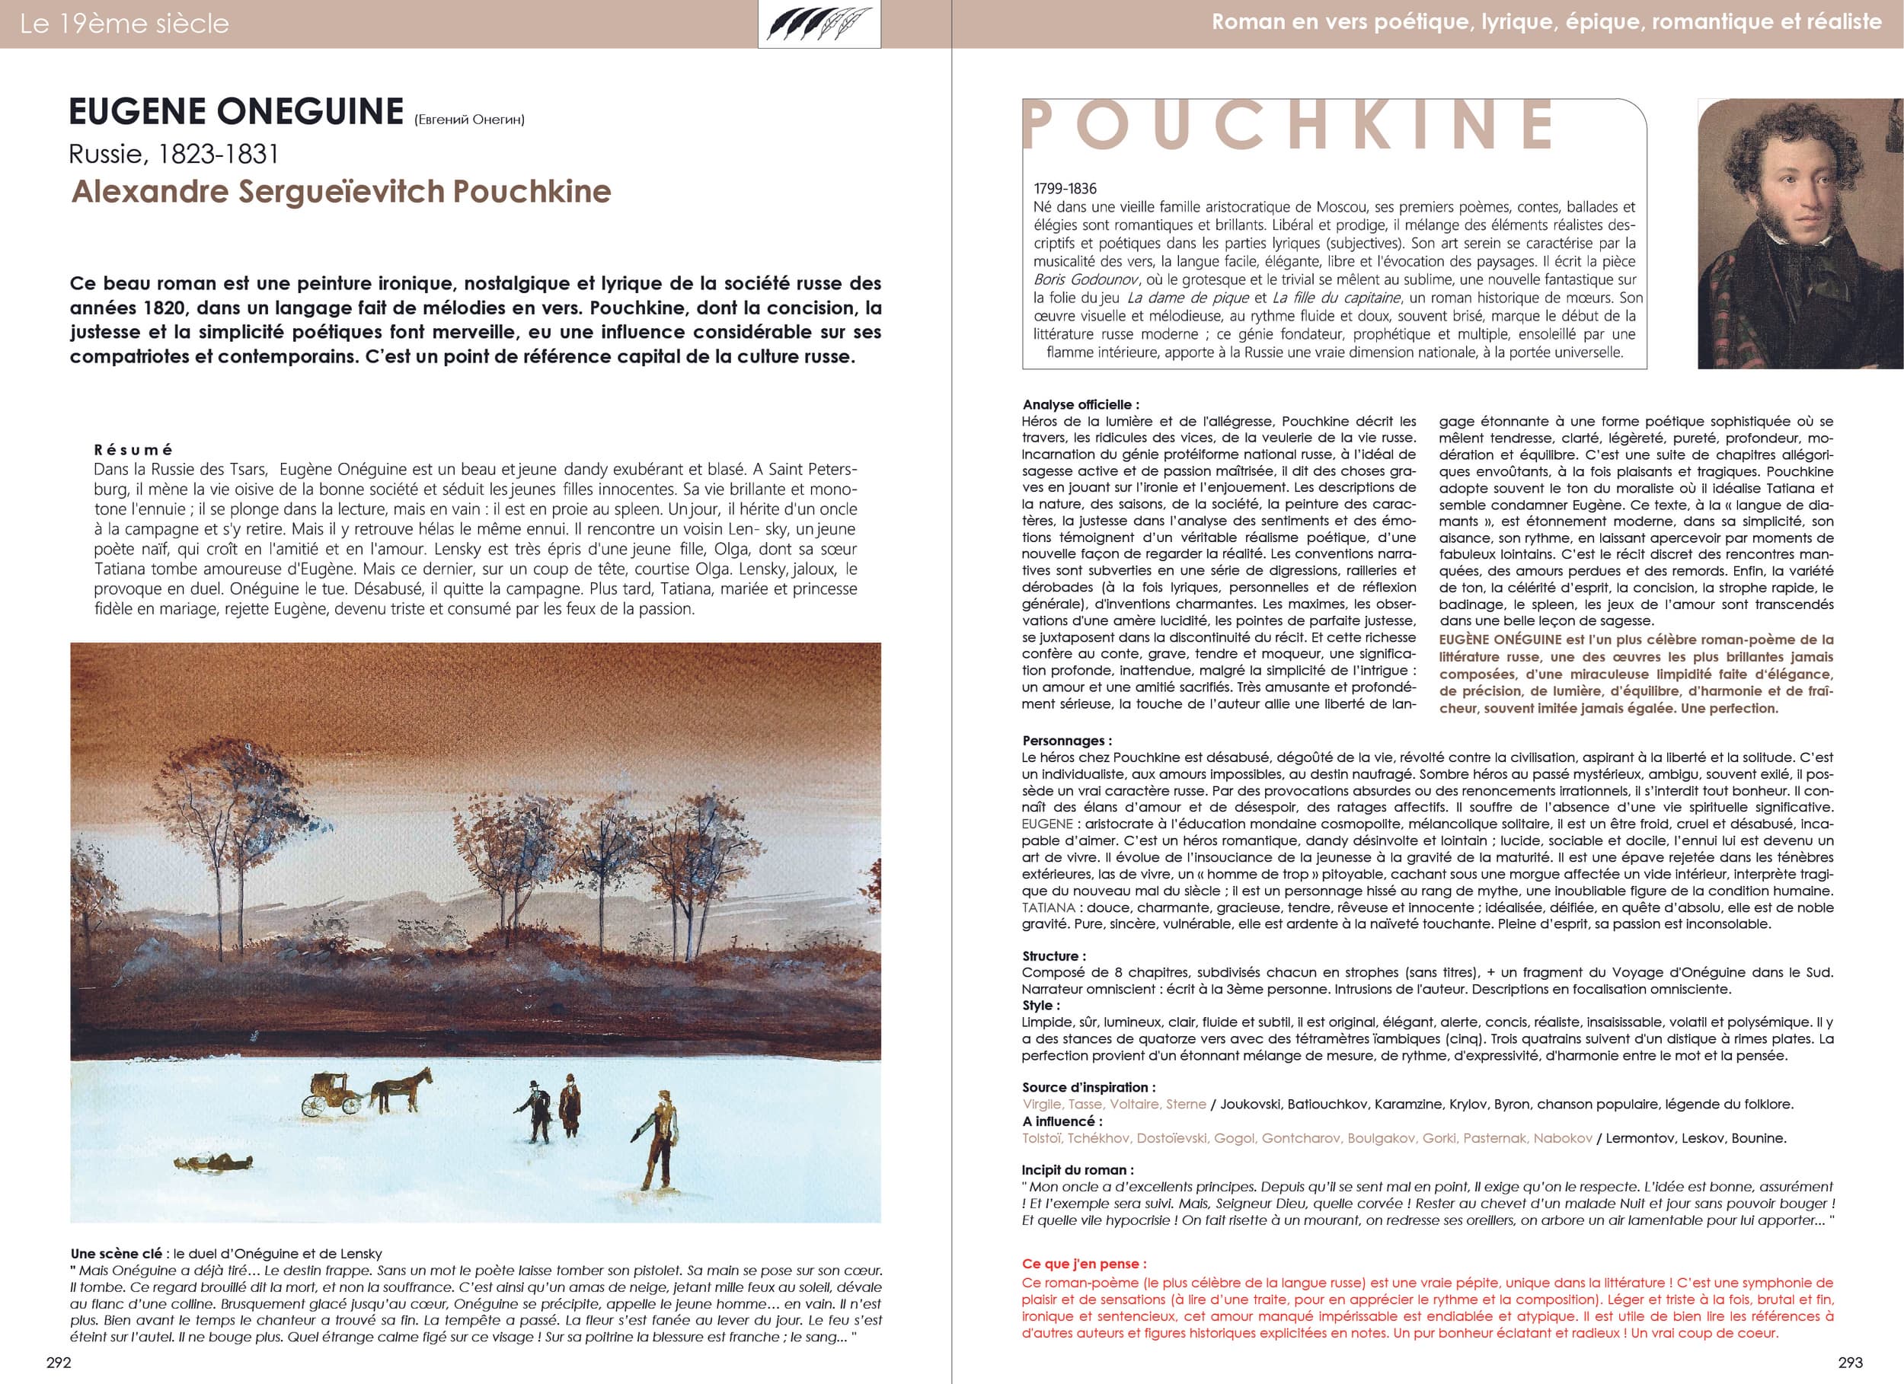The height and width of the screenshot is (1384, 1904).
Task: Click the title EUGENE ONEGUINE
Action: click(236, 112)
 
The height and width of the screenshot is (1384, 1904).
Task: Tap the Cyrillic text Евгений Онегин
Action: click(469, 120)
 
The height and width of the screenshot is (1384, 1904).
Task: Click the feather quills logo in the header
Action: click(819, 24)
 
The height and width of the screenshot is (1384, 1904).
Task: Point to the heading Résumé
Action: click(133, 449)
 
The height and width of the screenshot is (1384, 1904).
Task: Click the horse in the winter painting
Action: click(401, 1092)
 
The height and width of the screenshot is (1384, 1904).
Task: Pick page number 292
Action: click(58, 1362)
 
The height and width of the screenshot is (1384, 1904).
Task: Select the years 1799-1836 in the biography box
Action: click(1065, 189)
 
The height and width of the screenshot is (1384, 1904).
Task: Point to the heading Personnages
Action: click(1066, 740)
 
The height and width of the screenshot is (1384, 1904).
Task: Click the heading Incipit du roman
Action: click(1078, 1169)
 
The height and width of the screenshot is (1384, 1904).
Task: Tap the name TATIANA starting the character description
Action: click(1049, 907)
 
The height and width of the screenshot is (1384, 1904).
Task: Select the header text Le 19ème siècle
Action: click(123, 24)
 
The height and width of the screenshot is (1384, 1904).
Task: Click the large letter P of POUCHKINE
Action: click(1039, 126)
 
